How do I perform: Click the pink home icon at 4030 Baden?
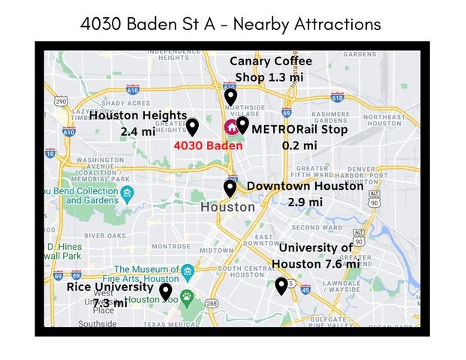[x=230, y=127]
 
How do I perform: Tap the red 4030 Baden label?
[x=208, y=145]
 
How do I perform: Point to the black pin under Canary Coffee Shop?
[x=231, y=96]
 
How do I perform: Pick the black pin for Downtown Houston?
[x=230, y=188]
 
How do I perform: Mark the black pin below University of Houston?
[x=281, y=286]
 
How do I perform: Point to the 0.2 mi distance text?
[x=299, y=145]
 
